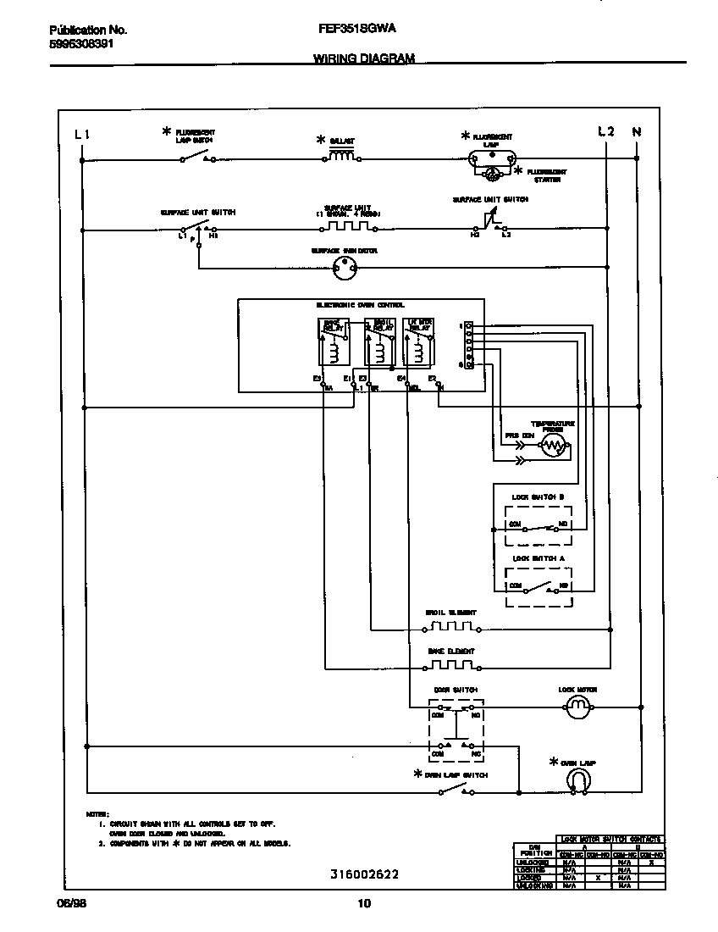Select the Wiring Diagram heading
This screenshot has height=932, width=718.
(x=363, y=58)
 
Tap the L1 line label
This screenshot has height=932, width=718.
(x=81, y=132)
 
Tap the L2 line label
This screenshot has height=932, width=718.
(x=605, y=131)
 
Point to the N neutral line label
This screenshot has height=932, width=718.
(x=637, y=131)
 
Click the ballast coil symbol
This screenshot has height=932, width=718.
(x=340, y=155)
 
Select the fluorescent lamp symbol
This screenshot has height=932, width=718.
(x=492, y=158)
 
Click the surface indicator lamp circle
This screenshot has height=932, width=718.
(x=344, y=269)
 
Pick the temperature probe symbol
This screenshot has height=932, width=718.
(x=553, y=443)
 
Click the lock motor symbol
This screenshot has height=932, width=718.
(x=577, y=705)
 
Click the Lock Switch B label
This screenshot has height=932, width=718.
(x=538, y=497)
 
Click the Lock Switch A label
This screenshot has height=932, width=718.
(x=538, y=558)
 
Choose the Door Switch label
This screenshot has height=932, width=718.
(x=456, y=691)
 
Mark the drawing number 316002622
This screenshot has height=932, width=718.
(x=363, y=874)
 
